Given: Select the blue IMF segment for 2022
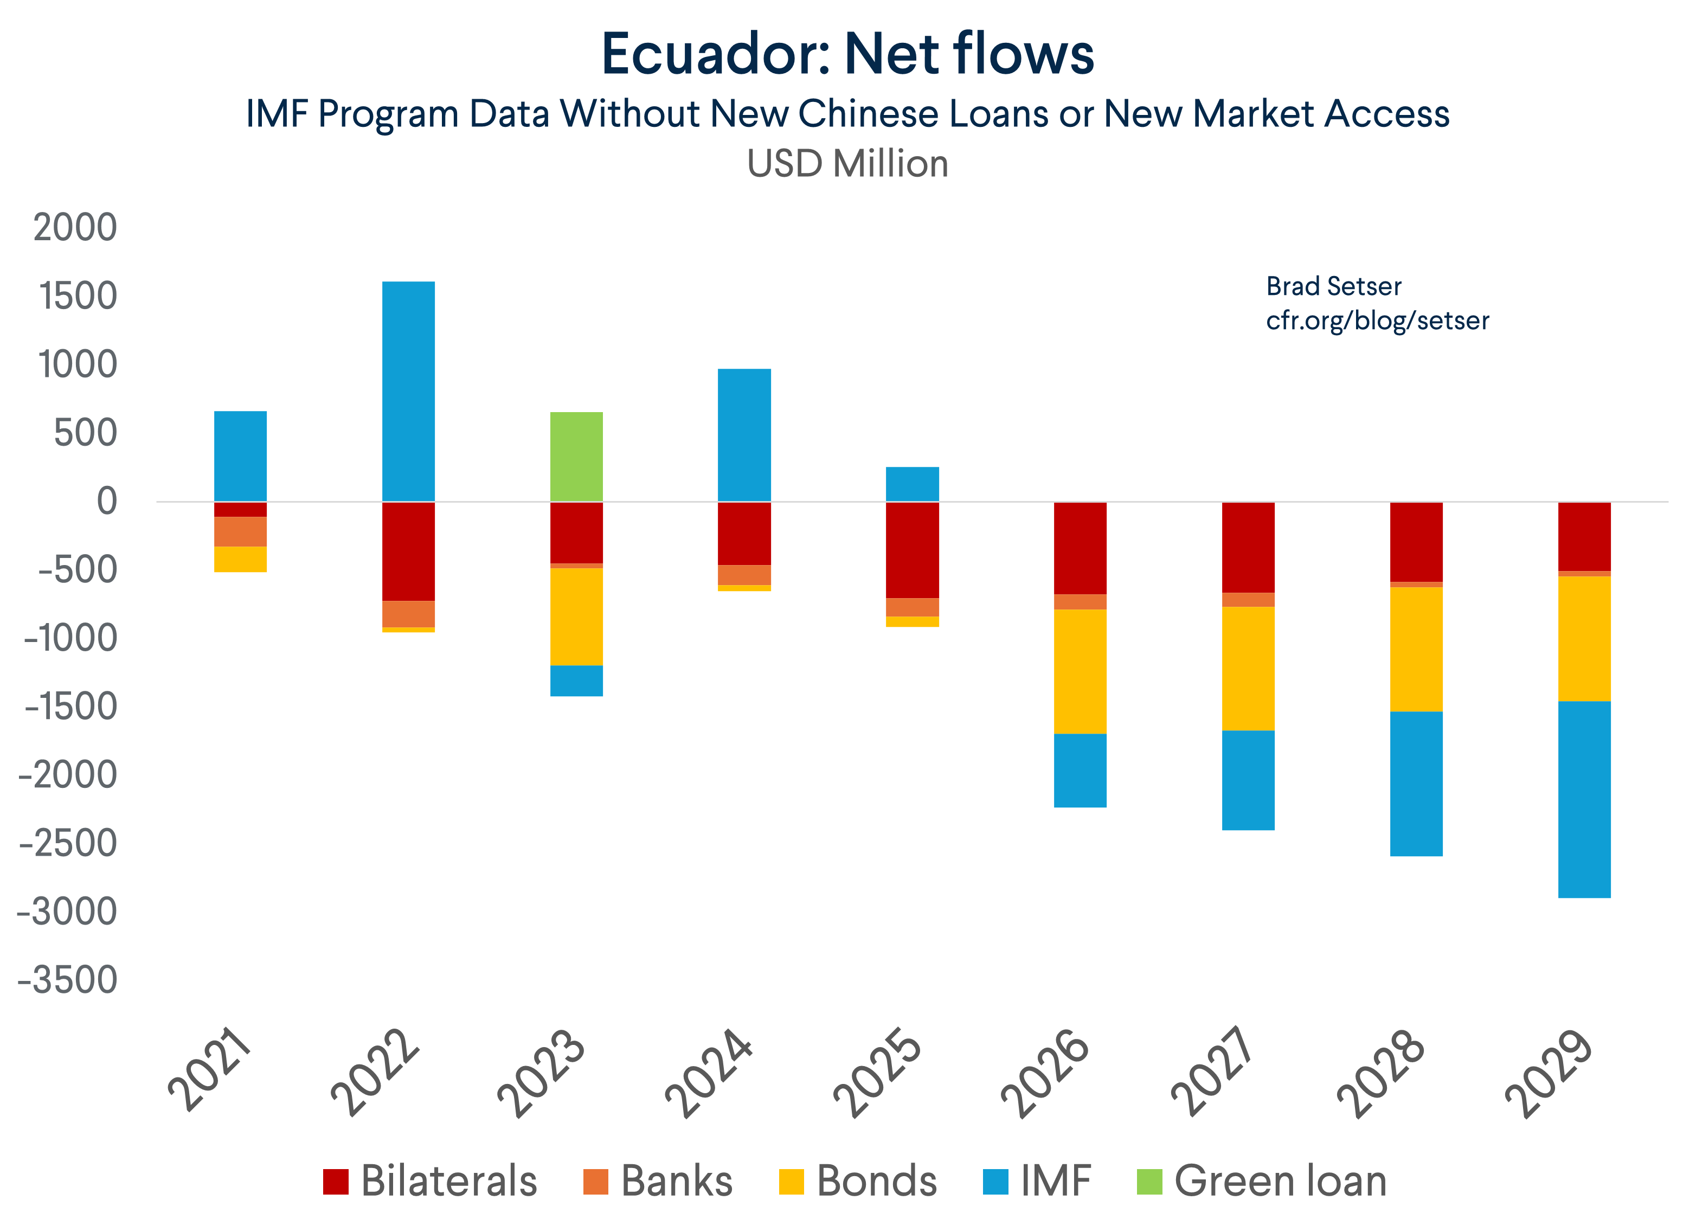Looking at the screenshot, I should pos(408,391).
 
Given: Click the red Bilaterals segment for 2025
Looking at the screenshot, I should pos(913,550).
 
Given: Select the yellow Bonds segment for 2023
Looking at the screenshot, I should pos(576,617).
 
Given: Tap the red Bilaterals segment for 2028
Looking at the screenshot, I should pos(1416,542).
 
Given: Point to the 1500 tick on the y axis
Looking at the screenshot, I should pos(78,296).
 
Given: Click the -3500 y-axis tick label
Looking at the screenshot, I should pos(67,980).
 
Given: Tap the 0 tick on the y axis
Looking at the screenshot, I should pos(107,501).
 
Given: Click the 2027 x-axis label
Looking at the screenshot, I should pos(1211,1071).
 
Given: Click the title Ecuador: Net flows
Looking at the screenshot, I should pos(847,55).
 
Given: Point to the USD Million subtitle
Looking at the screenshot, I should pos(847,164).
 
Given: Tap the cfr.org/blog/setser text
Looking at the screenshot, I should pos(1377,321).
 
